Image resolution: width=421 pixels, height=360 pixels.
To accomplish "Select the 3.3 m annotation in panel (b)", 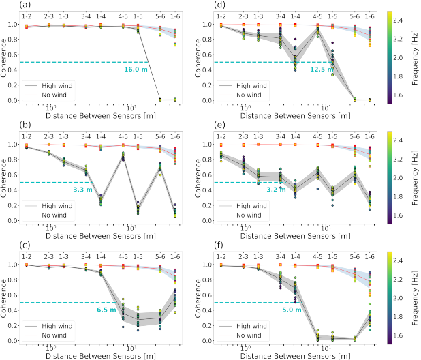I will point(82,189).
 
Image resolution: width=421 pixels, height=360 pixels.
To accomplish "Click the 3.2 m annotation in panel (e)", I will point(277,189).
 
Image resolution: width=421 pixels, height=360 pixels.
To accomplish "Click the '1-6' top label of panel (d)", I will point(370,14).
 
